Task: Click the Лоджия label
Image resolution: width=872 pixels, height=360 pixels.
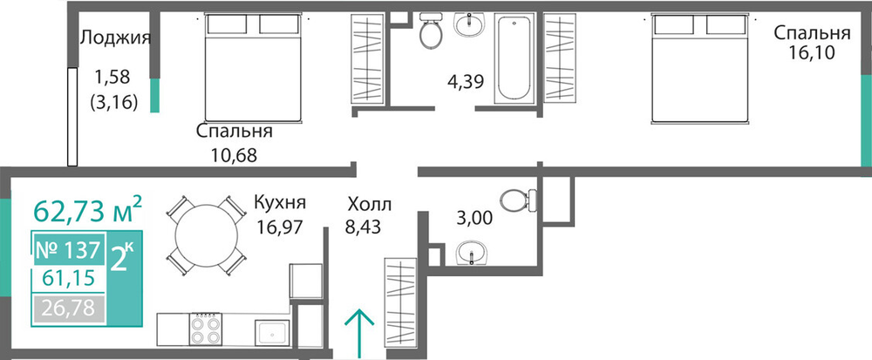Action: click(116, 38)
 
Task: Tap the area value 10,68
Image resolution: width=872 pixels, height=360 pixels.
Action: click(234, 155)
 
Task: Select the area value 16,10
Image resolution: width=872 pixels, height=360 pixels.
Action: click(811, 54)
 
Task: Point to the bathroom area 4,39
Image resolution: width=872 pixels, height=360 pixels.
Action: click(466, 82)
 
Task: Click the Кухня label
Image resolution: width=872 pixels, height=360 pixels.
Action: click(280, 202)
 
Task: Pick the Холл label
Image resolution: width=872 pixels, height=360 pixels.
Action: click(370, 205)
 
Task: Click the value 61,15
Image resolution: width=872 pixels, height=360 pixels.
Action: click(68, 278)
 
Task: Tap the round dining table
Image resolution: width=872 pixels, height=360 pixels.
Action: click(207, 235)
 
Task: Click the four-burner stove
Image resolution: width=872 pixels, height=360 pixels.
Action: click(205, 329)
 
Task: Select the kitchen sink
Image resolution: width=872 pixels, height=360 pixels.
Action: click(272, 333)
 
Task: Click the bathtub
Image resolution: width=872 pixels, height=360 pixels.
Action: click(514, 58)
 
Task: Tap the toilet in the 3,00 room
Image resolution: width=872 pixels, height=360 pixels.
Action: click(518, 200)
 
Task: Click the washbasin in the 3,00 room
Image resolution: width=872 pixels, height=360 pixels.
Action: click(472, 255)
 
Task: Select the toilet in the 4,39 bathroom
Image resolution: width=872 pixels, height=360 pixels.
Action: click(431, 31)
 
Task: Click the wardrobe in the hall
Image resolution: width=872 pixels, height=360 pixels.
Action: click(400, 303)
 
